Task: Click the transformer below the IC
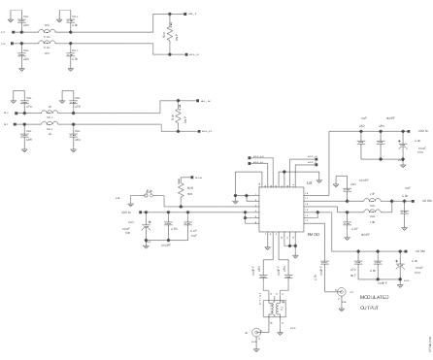pyautogui.click(x=279, y=310)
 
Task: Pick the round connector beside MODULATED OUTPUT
pyautogui.click(x=341, y=293)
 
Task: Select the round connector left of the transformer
pyautogui.click(x=256, y=333)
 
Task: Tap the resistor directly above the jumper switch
pyautogui.click(x=180, y=185)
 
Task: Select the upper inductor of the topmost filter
pyautogui.click(x=46, y=31)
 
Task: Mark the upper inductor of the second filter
pyautogui.click(x=46, y=112)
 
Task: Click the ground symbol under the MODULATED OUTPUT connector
pyautogui.click(x=341, y=308)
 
